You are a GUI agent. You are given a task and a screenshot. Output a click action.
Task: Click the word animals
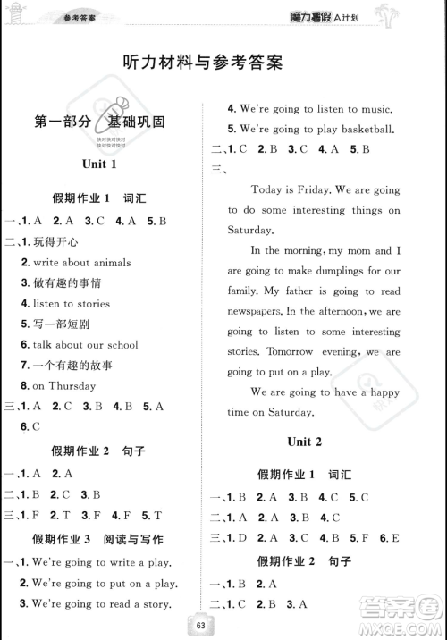[108, 263]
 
